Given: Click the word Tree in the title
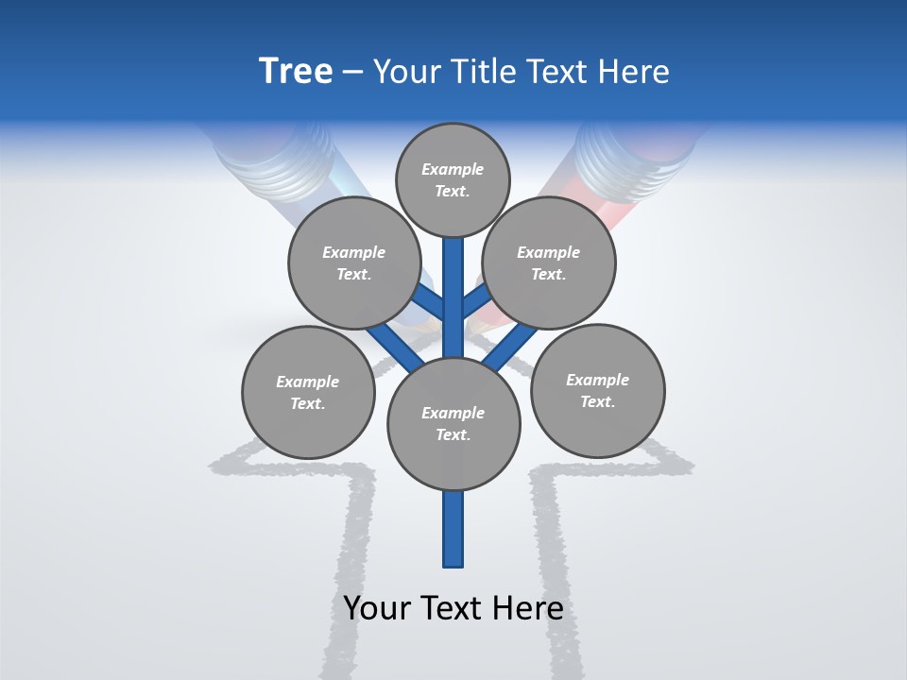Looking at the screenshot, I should (296, 72).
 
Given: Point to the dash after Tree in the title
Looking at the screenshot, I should (352, 73).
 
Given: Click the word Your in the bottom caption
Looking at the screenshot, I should (377, 608).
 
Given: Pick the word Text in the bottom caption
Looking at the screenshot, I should (452, 608).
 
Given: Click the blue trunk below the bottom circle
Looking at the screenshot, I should (453, 529).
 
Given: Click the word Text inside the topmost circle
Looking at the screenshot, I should (452, 191).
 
